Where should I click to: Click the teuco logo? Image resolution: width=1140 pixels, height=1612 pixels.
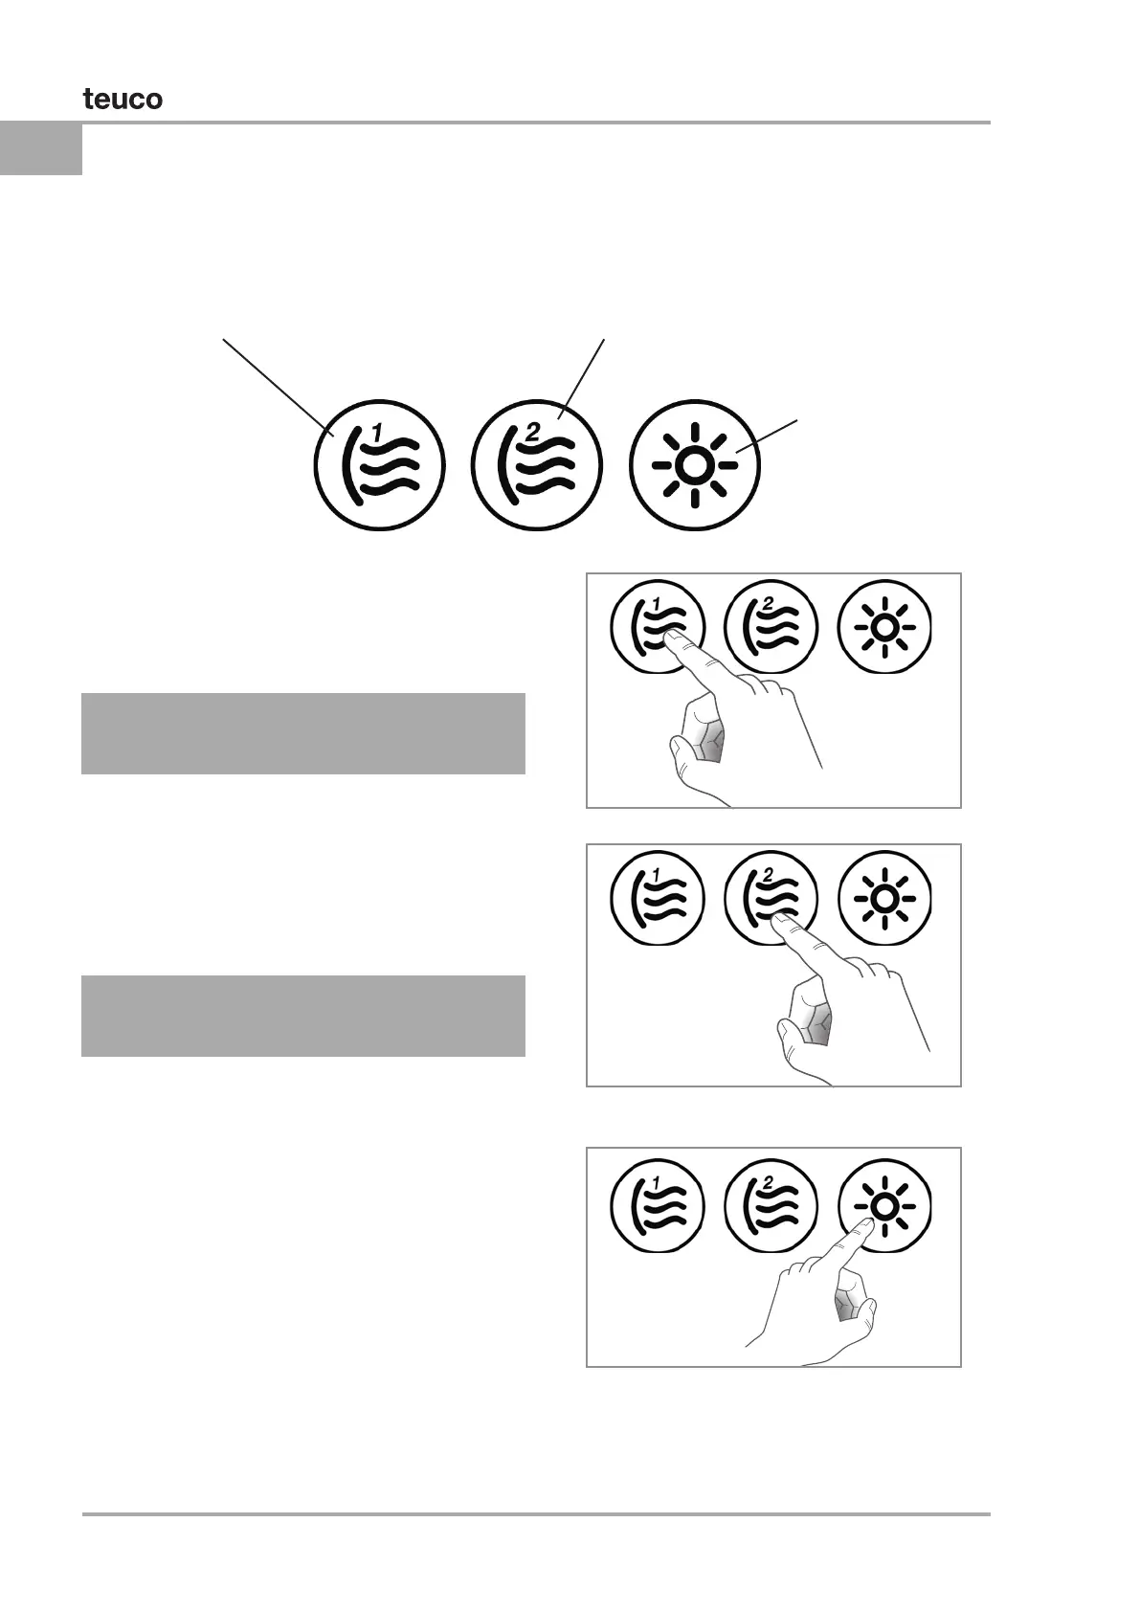pos(123,99)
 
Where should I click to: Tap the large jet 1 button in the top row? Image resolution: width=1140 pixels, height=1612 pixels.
pos(380,464)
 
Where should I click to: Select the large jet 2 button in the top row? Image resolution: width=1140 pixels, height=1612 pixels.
pos(539,464)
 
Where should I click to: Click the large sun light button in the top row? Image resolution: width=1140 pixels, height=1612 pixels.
pos(695,465)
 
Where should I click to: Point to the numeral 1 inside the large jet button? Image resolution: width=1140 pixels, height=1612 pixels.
pos(377,435)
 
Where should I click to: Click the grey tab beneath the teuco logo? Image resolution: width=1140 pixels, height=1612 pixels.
pos(41,148)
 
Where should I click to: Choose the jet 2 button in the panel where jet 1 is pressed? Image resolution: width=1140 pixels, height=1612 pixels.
pos(771,628)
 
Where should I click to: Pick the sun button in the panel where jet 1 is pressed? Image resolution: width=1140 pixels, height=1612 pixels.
pos(884,628)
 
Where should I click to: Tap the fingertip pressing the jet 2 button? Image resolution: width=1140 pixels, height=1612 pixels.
pos(781,922)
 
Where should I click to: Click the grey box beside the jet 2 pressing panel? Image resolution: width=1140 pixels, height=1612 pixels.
pos(302,1016)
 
